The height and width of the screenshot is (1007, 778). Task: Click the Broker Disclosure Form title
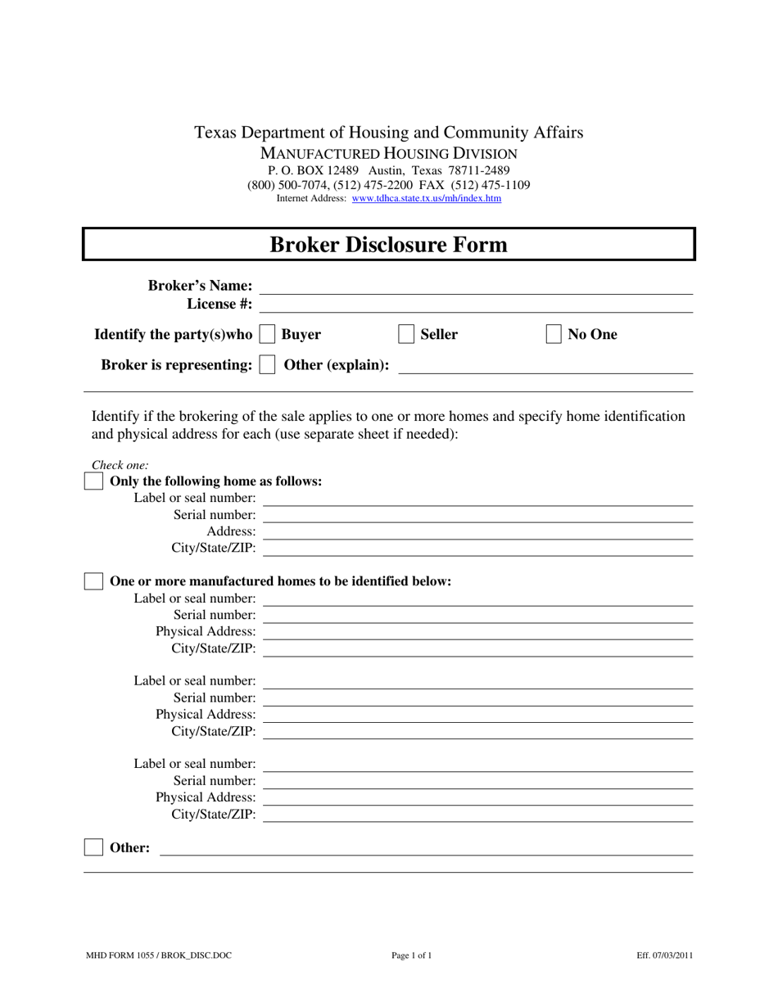pyautogui.click(x=388, y=245)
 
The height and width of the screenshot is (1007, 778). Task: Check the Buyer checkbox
pyautogui.click(x=267, y=334)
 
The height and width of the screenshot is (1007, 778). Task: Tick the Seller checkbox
pyautogui.click(x=406, y=334)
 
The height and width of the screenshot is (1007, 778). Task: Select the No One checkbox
pyautogui.click(x=554, y=334)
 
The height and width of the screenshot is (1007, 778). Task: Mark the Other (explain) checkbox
pyautogui.click(x=267, y=365)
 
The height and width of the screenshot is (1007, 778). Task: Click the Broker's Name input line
pyautogui.click(x=476, y=287)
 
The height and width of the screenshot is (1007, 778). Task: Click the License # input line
pyautogui.click(x=476, y=305)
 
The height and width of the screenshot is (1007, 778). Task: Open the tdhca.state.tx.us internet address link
pyautogui.click(x=426, y=198)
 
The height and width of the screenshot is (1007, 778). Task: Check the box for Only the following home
pyautogui.click(x=94, y=481)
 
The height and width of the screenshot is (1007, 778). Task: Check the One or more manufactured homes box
pyautogui.click(x=94, y=581)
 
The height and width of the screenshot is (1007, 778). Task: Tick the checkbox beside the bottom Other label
pyautogui.click(x=94, y=847)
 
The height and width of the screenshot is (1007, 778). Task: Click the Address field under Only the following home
pyautogui.click(x=477, y=532)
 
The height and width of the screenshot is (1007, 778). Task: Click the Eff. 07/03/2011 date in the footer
pyautogui.click(x=664, y=955)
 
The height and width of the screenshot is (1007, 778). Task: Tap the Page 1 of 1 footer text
pyautogui.click(x=411, y=955)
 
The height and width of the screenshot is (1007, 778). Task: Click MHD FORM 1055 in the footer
pyautogui.click(x=123, y=955)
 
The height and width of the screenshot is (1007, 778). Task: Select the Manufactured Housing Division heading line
pyautogui.click(x=388, y=153)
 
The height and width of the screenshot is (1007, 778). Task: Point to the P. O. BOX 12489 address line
pyautogui.click(x=388, y=170)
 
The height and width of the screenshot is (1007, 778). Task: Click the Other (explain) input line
pyautogui.click(x=545, y=368)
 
